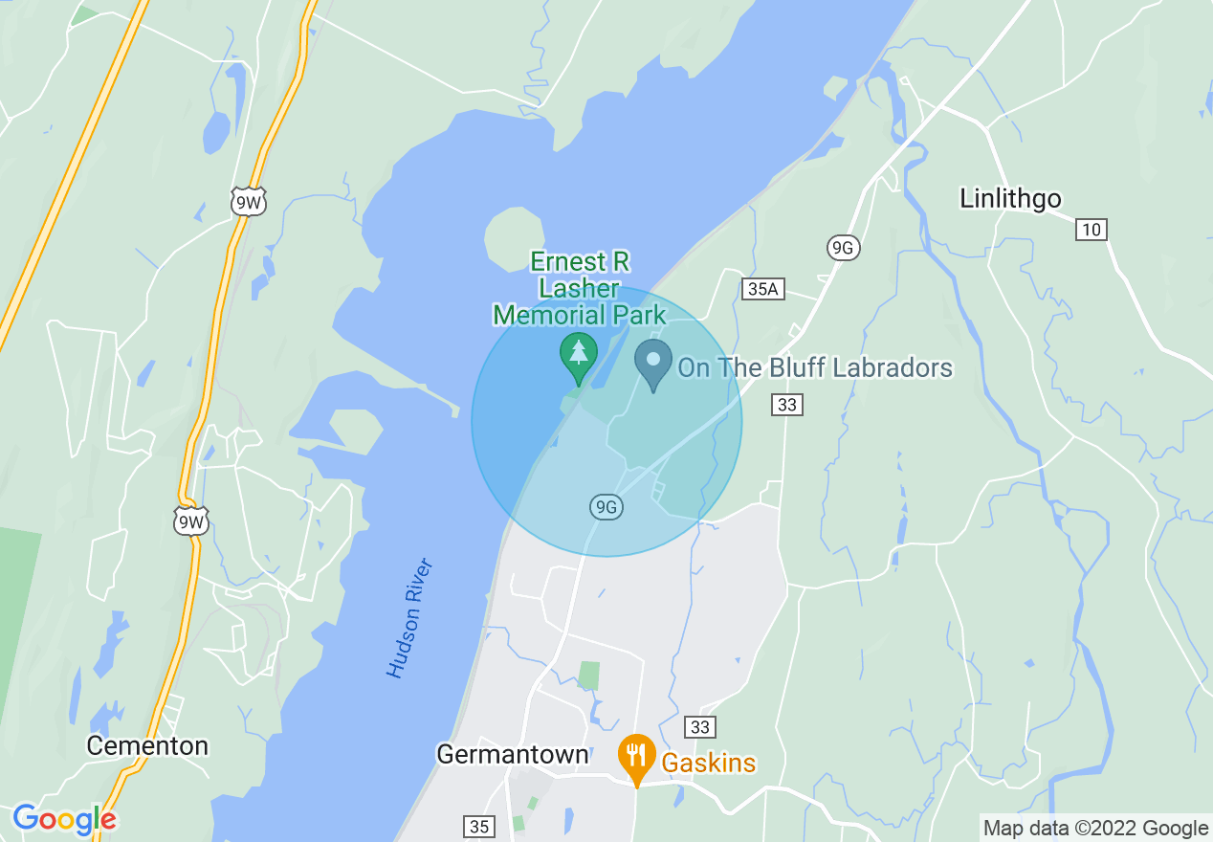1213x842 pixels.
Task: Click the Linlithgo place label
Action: click(1010, 198)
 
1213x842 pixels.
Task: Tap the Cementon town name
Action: click(147, 745)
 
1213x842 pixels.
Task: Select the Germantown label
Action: click(512, 754)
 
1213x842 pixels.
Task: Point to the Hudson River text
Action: click(410, 618)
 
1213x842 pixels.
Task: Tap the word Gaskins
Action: click(708, 763)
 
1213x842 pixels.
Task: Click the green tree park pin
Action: click(578, 354)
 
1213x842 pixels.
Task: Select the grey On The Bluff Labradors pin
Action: click(653, 362)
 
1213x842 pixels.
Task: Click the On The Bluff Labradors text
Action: click(815, 367)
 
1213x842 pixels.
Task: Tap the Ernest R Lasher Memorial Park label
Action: click(580, 288)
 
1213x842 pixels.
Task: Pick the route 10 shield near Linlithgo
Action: click(1091, 230)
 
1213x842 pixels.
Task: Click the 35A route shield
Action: click(762, 289)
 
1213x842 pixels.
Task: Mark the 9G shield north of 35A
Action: click(843, 249)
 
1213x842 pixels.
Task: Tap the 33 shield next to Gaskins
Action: click(700, 727)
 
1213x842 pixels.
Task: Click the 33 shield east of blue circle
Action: click(786, 405)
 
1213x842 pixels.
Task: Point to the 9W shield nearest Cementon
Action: click(189, 521)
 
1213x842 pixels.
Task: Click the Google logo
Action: click(64, 819)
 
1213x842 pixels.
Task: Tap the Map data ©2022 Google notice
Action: click(1095, 828)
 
